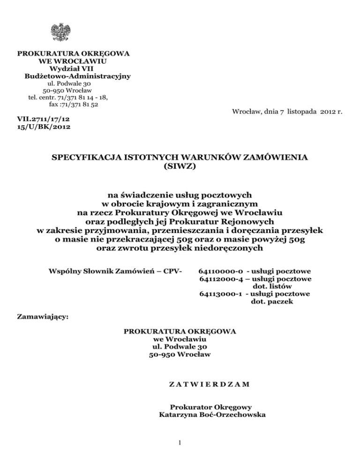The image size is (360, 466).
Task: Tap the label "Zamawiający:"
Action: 43,317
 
